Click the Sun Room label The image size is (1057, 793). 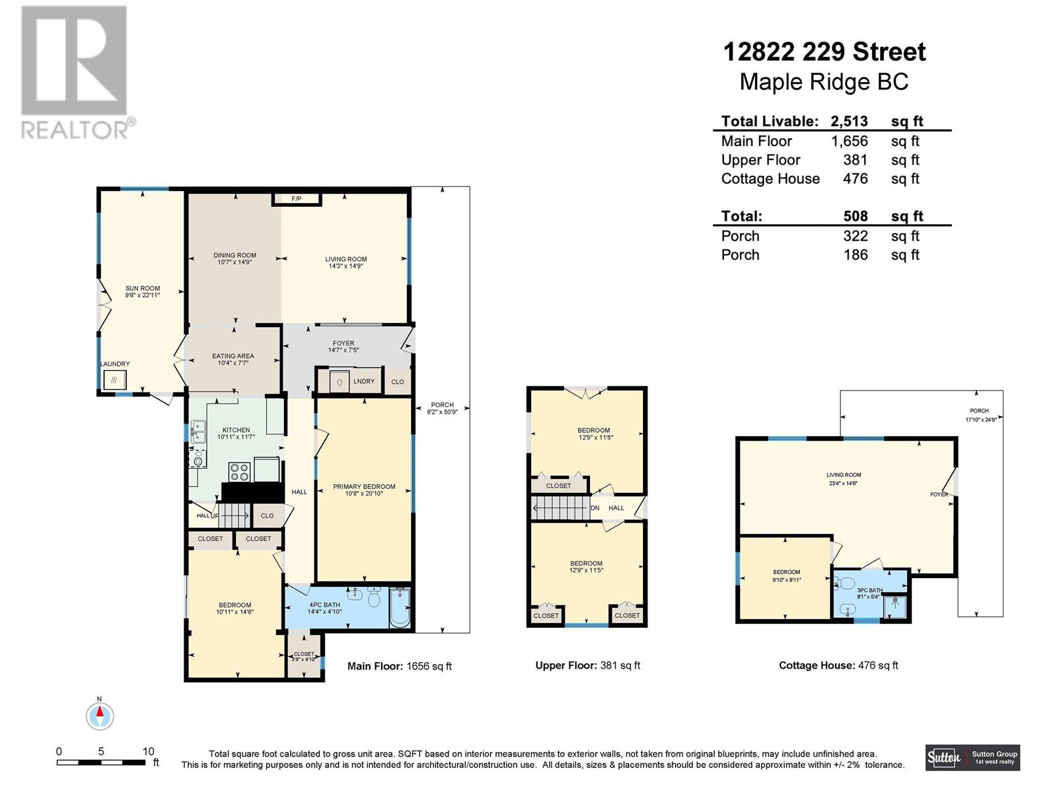[x=143, y=291]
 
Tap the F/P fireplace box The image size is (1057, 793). [x=297, y=198]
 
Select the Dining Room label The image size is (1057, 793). [x=235, y=258]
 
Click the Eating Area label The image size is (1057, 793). [x=233, y=359]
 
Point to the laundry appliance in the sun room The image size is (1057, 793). [x=114, y=380]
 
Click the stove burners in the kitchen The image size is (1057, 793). [x=239, y=472]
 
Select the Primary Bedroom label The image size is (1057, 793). [x=364, y=490]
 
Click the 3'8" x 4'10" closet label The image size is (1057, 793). [x=304, y=656]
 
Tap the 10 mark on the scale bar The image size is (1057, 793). [x=148, y=751]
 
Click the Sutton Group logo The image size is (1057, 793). [x=972, y=757]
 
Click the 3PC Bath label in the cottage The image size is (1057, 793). [x=869, y=593]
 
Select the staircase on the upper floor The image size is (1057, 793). [x=560, y=508]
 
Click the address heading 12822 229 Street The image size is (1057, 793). [x=824, y=52]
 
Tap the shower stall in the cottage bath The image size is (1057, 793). [x=895, y=606]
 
